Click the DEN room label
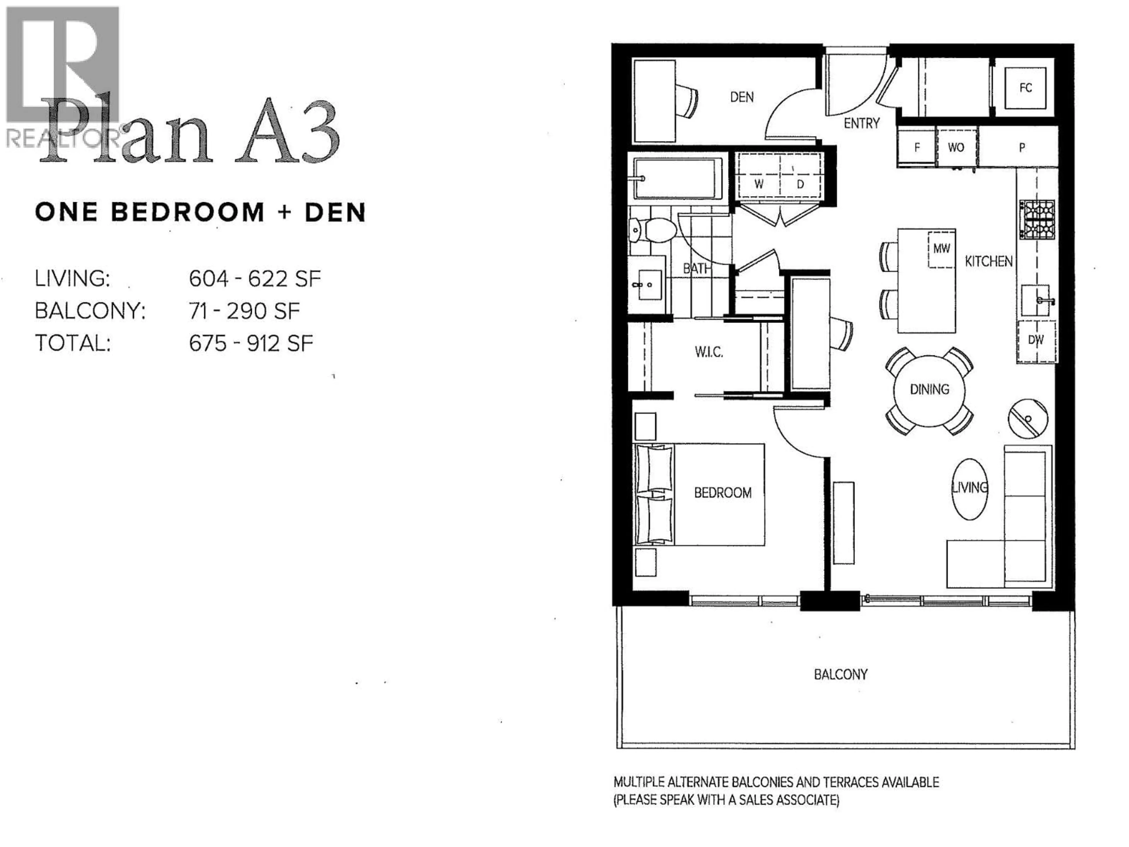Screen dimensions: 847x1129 point(741,97)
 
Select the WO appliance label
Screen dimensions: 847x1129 point(956,148)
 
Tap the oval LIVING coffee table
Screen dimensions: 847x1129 point(969,488)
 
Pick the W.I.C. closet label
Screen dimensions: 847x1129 point(709,352)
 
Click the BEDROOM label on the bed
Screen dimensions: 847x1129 point(722,493)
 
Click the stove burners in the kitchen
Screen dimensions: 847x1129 point(1037,219)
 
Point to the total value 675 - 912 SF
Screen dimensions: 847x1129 point(250,344)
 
